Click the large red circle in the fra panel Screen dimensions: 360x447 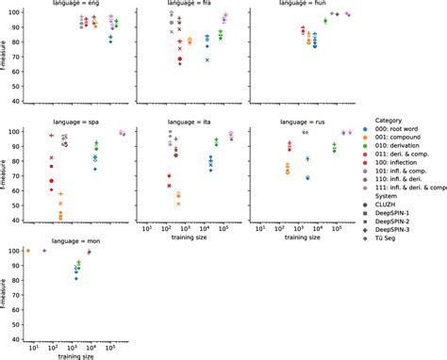pyautogui.click(x=179, y=59)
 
